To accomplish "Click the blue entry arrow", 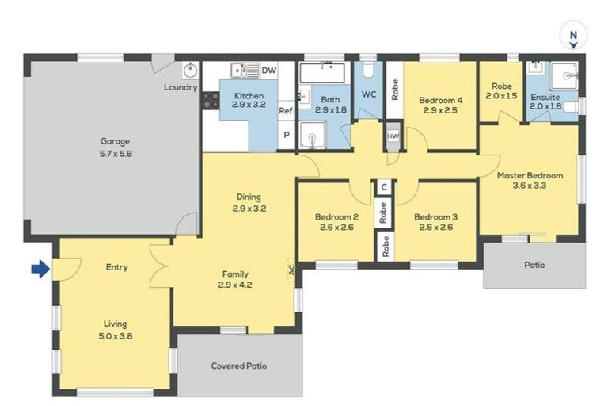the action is [40, 269].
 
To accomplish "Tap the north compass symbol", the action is [573, 36].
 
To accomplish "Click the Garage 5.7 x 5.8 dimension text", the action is [116, 154].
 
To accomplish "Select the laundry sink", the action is [190, 71].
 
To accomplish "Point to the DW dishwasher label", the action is [269, 71].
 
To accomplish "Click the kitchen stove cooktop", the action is [211, 100].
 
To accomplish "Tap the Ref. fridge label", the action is [286, 111].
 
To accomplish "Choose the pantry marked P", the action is [287, 135].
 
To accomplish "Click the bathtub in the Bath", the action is [322, 73].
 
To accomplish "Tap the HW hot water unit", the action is [393, 136].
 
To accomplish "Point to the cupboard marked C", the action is [384, 187].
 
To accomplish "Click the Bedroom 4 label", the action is [440, 100].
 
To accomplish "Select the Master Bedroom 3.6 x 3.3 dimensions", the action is [530, 186].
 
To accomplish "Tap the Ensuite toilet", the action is [572, 106].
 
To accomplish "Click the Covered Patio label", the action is [239, 366].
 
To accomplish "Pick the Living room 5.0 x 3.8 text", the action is [115, 336].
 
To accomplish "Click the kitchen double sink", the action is [245, 71].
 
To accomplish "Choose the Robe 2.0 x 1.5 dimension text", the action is [501, 96].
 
